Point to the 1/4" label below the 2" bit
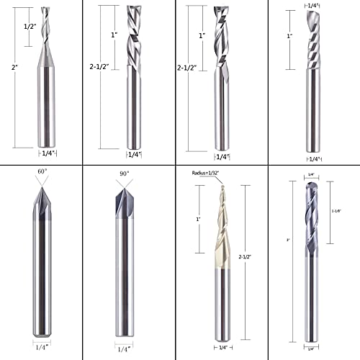click(x=45, y=154)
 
